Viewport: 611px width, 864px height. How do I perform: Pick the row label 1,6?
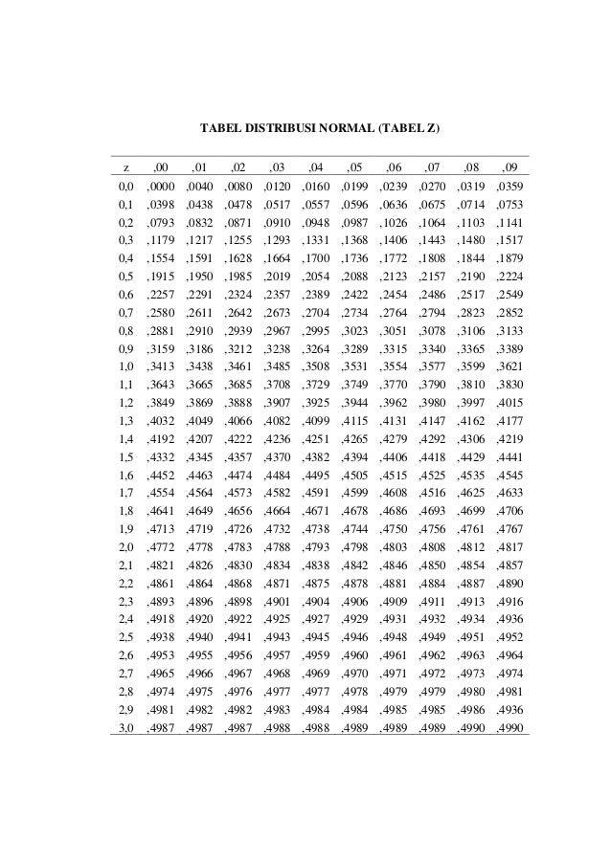click(x=124, y=474)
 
